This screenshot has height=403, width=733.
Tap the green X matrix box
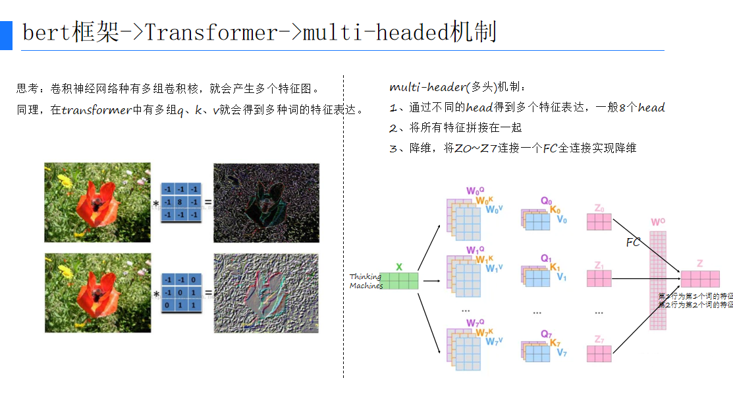pyautogui.click(x=399, y=281)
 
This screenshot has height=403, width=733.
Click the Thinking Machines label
pyautogui.click(x=366, y=281)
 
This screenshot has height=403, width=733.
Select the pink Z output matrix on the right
pyautogui.click(x=699, y=279)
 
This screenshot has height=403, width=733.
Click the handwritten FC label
pyautogui.click(x=633, y=242)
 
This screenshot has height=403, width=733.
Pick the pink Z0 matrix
pyautogui.click(x=599, y=222)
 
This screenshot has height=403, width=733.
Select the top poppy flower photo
pyautogui.click(x=97, y=202)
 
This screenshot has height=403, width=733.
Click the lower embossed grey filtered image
pyautogui.click(x=266, y=292)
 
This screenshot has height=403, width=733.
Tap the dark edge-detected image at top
pyautogui.click(x=266, y=202)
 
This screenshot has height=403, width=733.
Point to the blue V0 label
pyautogui.click(x=562, y=220)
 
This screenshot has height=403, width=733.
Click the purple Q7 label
pyautogui.click(x=546, y=334)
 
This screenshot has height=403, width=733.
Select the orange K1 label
pyautogui.click(x=555, y=268)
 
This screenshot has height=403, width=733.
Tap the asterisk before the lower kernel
pyautogui.click(x=156, y=294)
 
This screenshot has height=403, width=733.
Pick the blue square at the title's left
pyautogui.click(x=6, y=35)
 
